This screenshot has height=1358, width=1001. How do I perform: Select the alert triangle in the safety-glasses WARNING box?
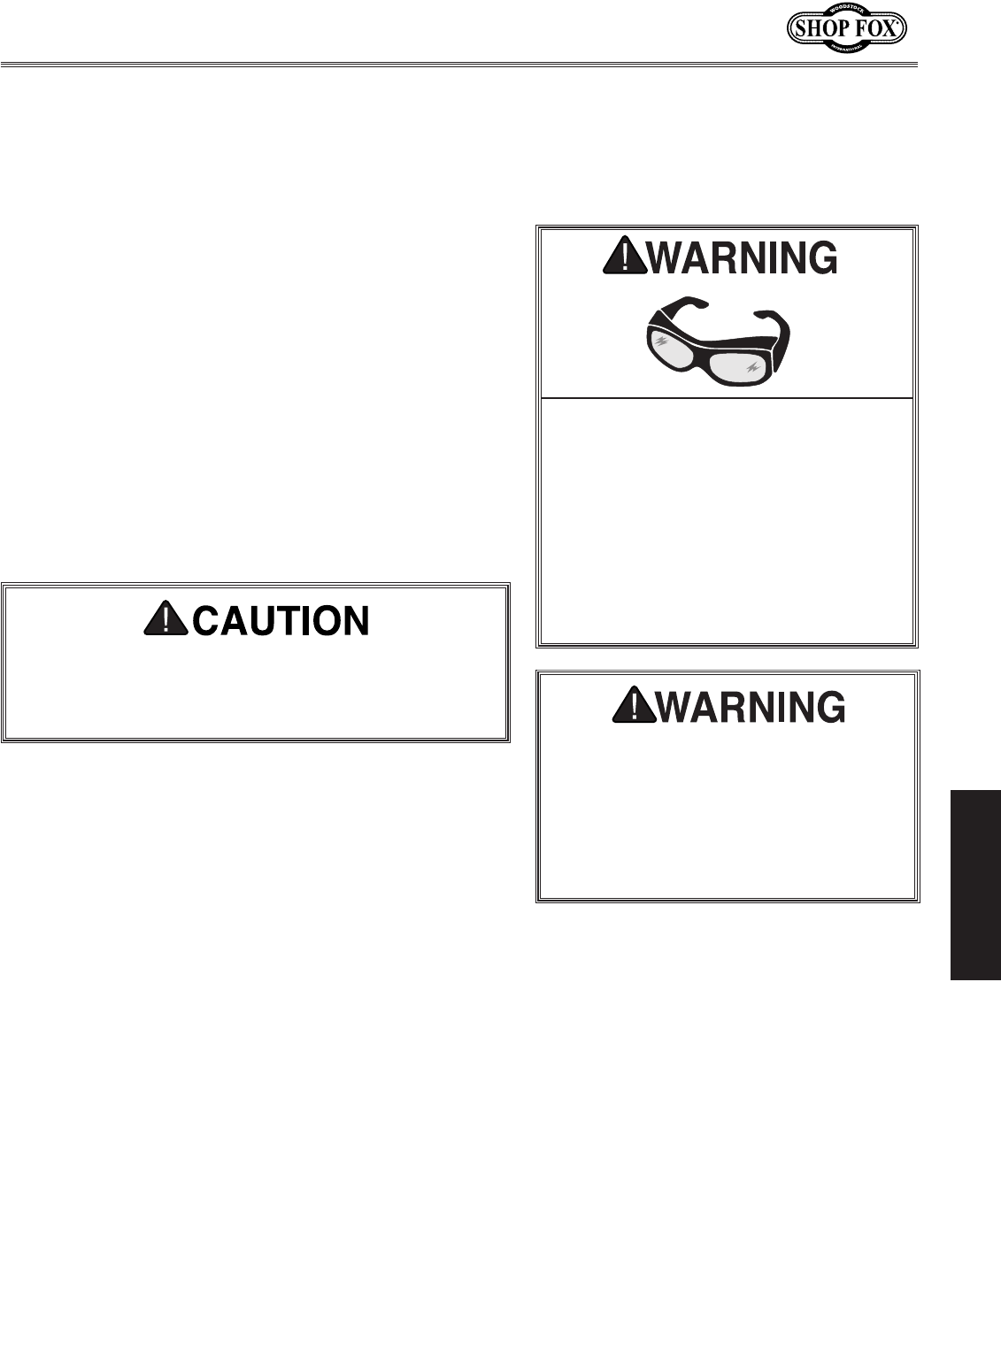tap(624, 257)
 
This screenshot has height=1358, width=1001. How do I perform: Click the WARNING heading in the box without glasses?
tap(755, 708)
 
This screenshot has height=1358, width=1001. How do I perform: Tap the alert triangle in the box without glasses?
tap(631, 708)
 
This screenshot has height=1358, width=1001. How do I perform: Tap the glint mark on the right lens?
tap(754, 366)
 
